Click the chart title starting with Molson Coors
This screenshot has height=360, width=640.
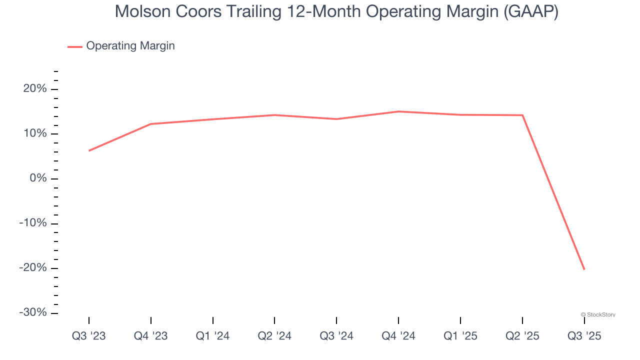pos(336,11)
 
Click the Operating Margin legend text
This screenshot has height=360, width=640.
pos(130,46)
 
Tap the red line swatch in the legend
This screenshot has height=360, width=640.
pos(75,46)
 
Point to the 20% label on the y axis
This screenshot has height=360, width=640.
pos(34,89)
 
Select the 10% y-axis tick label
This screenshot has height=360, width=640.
pos(34,134)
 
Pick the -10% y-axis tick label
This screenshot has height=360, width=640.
pos(32,223)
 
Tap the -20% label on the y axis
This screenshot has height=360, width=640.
pos(32,268)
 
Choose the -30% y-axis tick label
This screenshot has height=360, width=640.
pos(32,312)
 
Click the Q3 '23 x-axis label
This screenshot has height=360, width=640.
pos(89,336)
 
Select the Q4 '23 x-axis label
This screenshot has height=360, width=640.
pos(151,336)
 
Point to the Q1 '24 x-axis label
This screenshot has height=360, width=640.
pos(213,336)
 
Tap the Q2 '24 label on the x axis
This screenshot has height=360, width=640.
pos(274,336)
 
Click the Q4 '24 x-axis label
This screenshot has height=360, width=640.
pos(398,336)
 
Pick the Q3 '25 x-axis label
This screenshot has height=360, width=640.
pos(584,336)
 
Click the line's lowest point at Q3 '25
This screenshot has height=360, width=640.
pos(584,269)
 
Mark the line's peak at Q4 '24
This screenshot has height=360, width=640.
pos(398,111)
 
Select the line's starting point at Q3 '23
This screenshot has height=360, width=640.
pos(89,150)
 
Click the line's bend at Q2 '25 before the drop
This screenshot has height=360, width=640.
pos(522,115)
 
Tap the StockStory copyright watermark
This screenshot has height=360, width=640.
pos(598,314)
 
